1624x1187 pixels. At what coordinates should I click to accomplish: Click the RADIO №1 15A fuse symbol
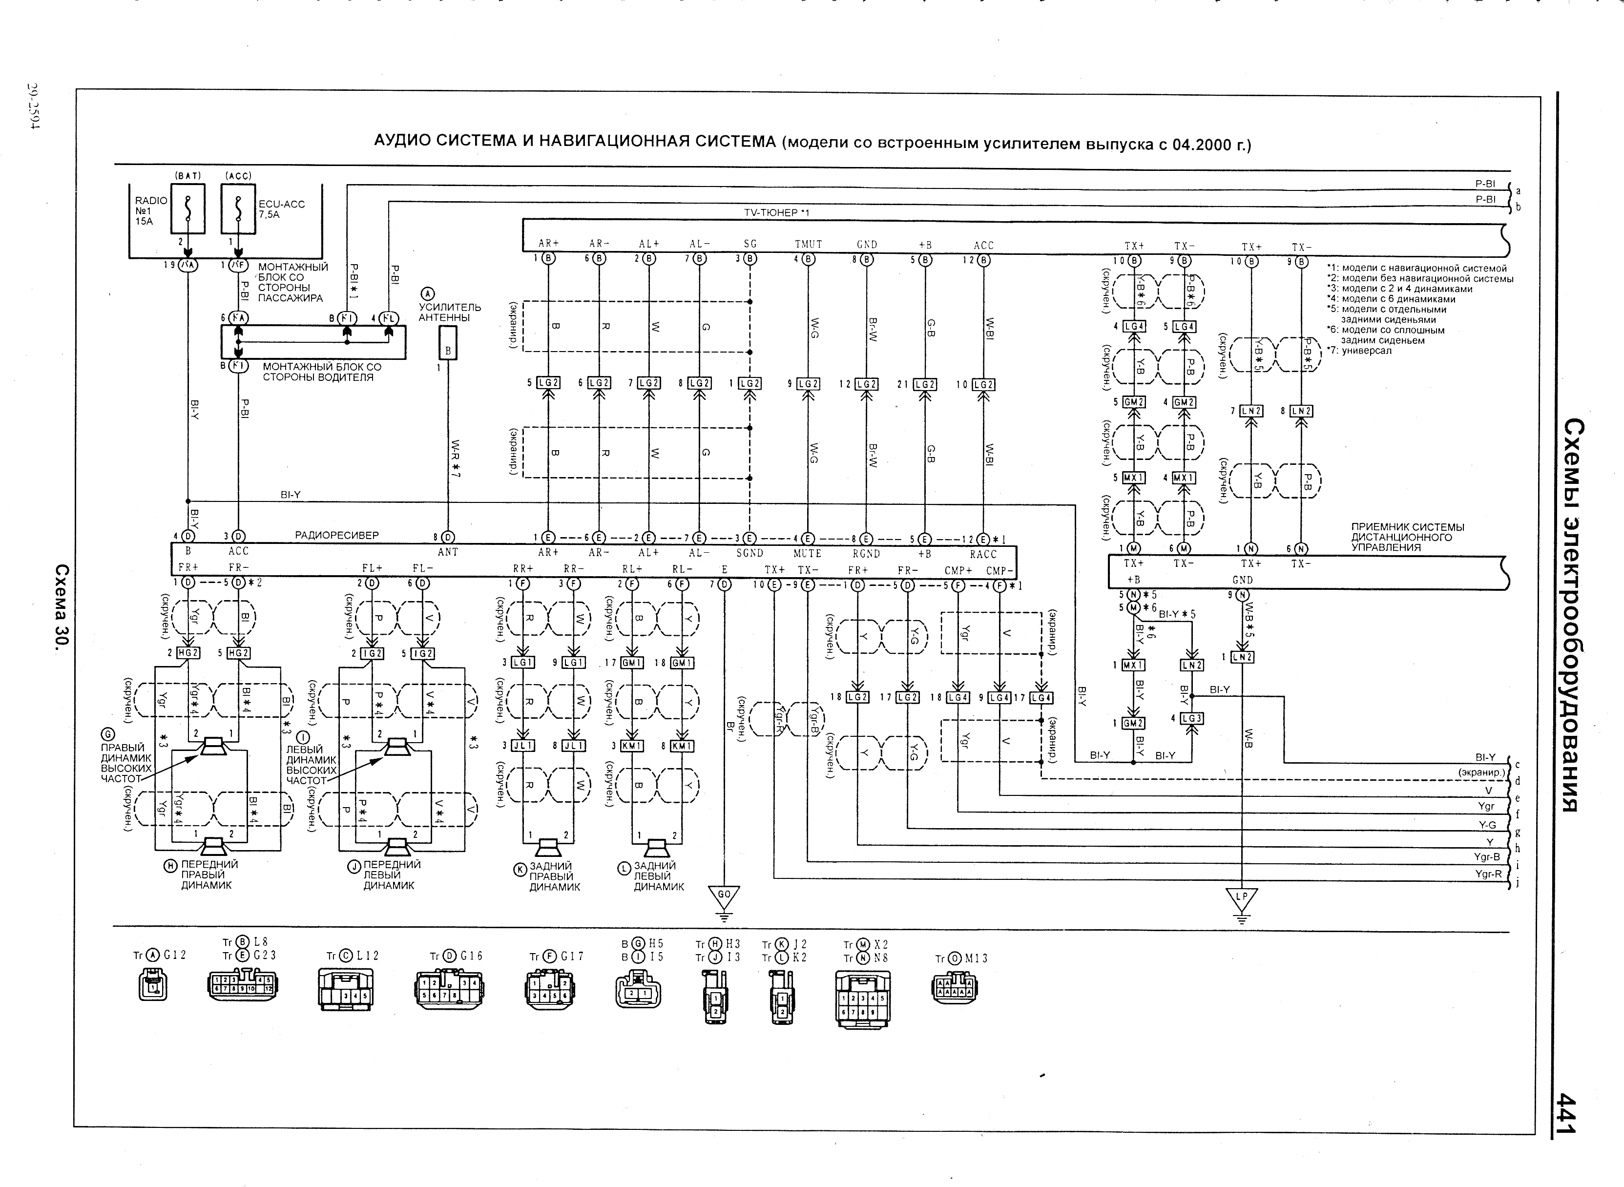pyautogui.click(x=188, y=209)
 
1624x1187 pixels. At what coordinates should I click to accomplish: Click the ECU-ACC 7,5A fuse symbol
pyautogui.click(x=238, y=209)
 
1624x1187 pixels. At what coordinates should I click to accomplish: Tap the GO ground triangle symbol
pyautogui.click(x=724, y=896)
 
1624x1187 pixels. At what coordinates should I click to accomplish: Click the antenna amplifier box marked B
pyautogui.click(x=448, y=343)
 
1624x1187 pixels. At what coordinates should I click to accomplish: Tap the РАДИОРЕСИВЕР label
pyautogui.click(x=336, y=535)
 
